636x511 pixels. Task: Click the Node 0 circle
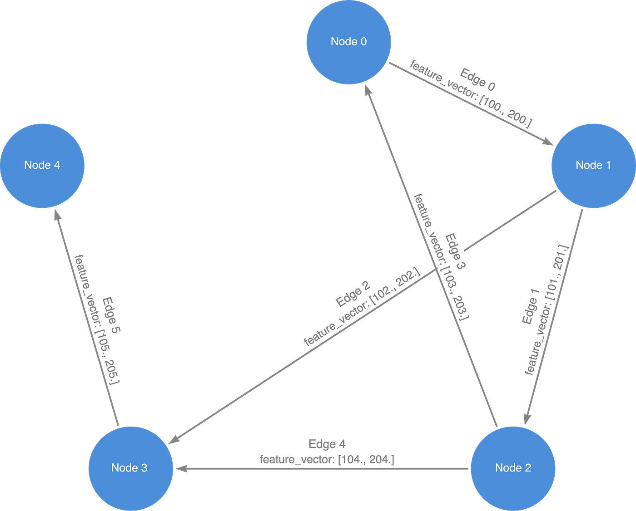[348, 42]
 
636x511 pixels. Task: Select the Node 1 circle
[593, 165]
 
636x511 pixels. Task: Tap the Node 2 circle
[512, 468]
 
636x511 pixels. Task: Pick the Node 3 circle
[130, 468]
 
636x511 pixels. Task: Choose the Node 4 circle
[42, 165]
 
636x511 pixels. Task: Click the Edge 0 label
[478, 79]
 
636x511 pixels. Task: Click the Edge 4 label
[327, 444]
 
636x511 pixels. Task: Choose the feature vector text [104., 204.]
[327, 460]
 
